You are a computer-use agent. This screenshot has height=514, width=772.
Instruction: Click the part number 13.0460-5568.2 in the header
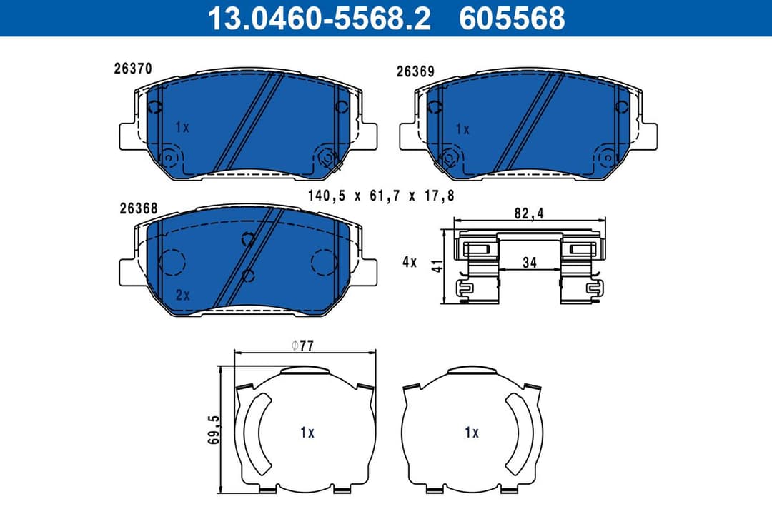318,18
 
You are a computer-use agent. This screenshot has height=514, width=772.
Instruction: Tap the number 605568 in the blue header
512,18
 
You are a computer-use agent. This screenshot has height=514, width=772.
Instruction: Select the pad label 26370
132,69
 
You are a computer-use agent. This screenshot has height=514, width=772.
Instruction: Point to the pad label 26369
415,71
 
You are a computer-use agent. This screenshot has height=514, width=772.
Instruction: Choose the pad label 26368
139,208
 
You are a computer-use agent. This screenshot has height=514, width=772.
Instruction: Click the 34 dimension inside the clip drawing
529,263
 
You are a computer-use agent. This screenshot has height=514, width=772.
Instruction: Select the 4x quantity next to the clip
409,262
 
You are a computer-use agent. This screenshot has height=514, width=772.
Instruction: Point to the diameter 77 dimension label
303,346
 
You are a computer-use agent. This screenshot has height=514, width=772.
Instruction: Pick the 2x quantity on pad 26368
182,294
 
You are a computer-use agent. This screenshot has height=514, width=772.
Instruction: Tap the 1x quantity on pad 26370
182,128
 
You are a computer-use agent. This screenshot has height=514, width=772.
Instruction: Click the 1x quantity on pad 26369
462,129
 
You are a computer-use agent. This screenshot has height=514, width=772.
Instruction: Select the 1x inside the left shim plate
307,432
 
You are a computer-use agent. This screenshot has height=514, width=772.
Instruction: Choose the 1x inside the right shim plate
471,432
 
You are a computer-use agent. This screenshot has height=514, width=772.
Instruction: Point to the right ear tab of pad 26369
646,136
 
